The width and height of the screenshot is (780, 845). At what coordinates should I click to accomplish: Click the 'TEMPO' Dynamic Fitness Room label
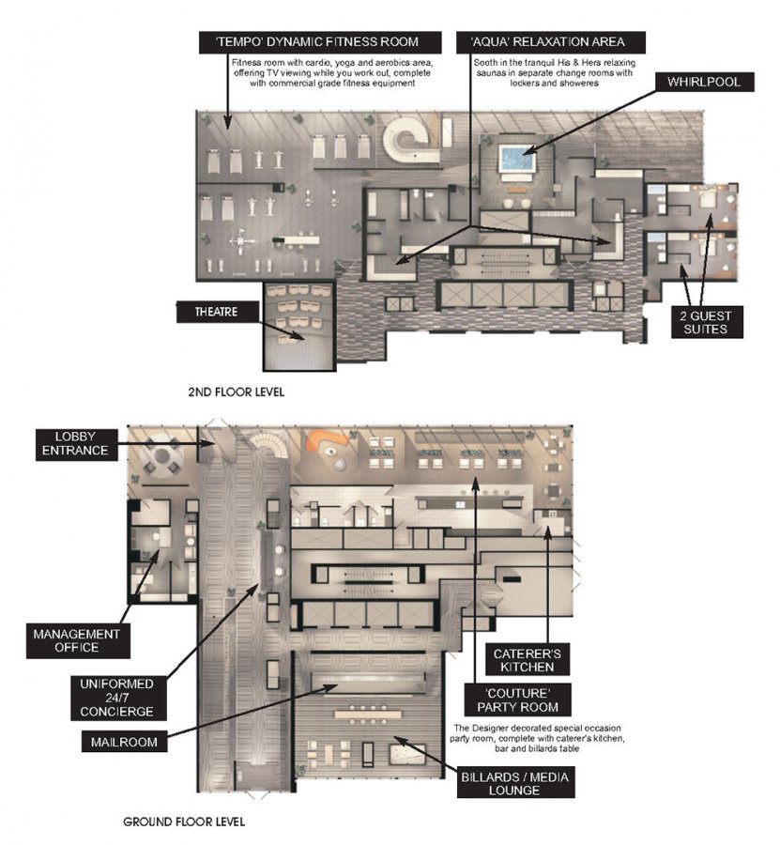click(309, 42)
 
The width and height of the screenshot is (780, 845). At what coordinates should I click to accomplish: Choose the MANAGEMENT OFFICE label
click(77, 641)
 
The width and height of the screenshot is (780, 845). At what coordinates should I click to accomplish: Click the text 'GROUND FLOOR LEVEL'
click(184, 822)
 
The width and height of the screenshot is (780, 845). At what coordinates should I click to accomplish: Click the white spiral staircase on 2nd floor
click(410, 137)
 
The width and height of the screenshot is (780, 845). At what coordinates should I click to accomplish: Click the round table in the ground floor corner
click(163, 460)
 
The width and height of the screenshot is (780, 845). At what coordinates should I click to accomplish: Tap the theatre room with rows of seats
click(298, 324)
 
